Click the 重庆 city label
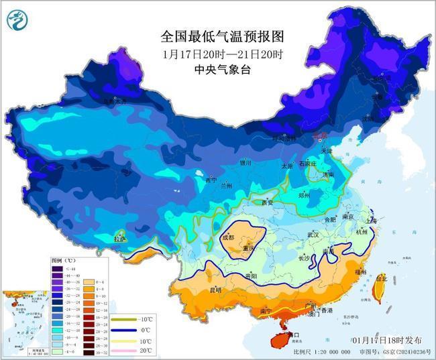coord(250,249)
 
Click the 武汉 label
coord(313,235)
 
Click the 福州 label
coord(361,272)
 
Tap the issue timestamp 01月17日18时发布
coord(387,340)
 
